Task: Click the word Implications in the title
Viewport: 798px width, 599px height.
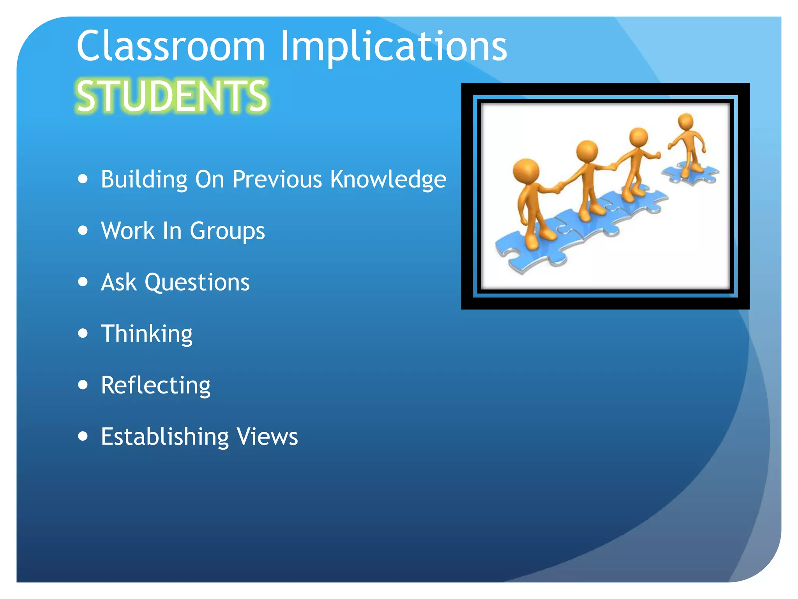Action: coord(394,47)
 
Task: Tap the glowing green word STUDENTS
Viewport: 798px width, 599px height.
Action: coord(172,96)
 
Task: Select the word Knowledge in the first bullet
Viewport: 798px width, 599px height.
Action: coord(388,179)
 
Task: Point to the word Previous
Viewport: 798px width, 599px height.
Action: coord(277,179)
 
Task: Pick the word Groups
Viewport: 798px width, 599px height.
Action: coord(228,231)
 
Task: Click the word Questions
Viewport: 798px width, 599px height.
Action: coord(197,282)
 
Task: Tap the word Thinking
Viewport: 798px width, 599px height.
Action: coord(147,334)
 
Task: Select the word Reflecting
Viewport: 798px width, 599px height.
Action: coord(156,385)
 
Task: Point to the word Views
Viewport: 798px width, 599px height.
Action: coord(268,436)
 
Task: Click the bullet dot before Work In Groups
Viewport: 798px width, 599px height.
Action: coord(83,230)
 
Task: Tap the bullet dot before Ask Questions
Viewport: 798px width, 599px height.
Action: coord(83,282)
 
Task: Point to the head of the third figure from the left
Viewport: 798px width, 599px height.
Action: coord(638,137)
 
